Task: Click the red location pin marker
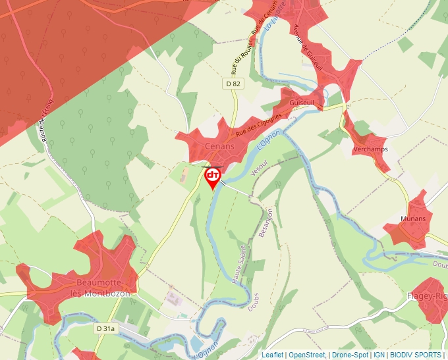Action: tap(213, 177)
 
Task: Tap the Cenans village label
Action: tap(219, 147)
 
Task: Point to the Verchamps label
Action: tap(370, 149)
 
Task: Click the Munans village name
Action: tap(413, 219)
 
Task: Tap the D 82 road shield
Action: tap(233, 84)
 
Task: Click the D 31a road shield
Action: tap(105, 328)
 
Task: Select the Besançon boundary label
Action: tap(266, 224)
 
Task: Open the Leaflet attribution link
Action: tap(273, 355)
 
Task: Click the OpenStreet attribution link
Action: tap(307, 355)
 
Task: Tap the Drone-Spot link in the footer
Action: tap(350, 355)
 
